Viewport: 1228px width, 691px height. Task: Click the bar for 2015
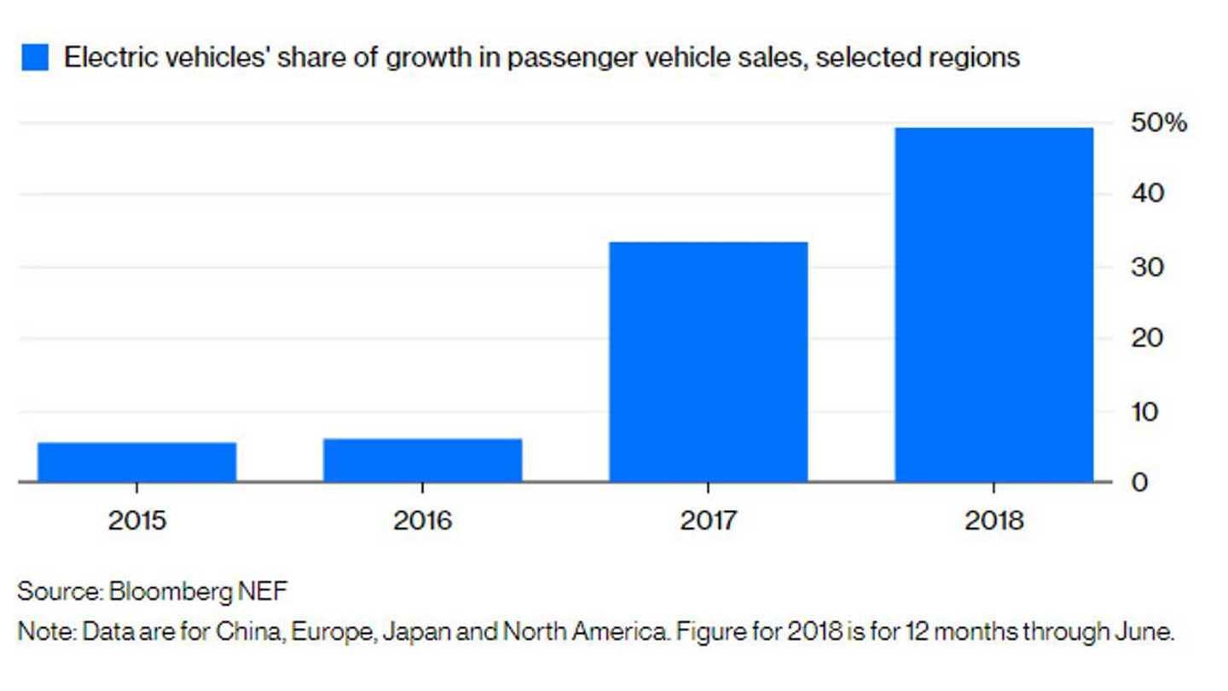pyautogui.click(x=136, y=462)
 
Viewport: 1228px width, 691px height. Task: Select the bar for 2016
pyautogui.click(x=422, y=460)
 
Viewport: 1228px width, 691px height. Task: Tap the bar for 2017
pyautogui.click(x=708, y=362)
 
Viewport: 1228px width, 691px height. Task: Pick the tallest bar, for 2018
pyautogui.click(x=993, y=305)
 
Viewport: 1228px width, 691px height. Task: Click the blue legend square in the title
pyautogui.click(x=34, y=58)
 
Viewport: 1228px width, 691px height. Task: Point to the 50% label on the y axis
pyautogui.click(x=1158, y=124)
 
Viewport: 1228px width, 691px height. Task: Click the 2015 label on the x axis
pyautogui.click(x=136, y=520)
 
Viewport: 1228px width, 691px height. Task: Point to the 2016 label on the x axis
pyautogui.click(x=422, y=520)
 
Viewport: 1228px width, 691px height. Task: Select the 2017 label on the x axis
pyautogui.click(x=708, y=520)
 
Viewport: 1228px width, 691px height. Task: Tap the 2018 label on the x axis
pyautogui.click(x=993, y=520)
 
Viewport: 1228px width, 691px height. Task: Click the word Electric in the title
pyautogui.click(x=106, y=58)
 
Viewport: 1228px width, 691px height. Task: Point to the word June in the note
pyautogui.click(x=1143, y=634)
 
